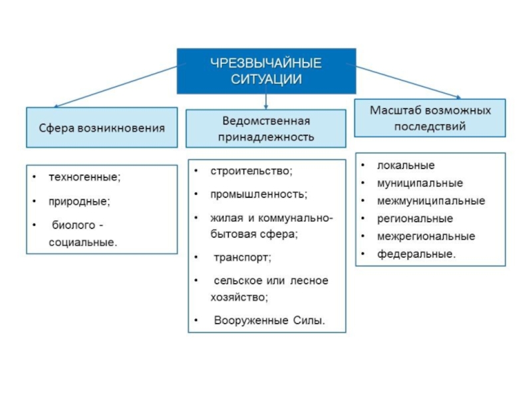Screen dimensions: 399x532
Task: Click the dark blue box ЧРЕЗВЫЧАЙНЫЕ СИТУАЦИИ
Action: coord(266,70)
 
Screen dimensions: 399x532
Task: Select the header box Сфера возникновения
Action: coord(101,127)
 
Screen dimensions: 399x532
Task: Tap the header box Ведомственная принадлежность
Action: coord(266,129)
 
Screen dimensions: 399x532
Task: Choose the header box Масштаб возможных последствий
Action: coord(430,118)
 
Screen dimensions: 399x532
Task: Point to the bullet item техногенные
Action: coord(85,177)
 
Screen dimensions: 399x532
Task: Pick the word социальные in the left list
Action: coord(82,242)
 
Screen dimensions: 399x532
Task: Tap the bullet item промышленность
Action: coord(259,194)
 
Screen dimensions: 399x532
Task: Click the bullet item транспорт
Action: coord(243,257)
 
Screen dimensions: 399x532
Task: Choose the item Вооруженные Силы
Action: coord(269,321)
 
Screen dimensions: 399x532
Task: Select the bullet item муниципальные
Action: coord(420,183)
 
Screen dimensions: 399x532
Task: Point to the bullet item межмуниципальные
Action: coord(431,200)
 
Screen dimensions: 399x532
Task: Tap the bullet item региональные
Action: coord(415,218)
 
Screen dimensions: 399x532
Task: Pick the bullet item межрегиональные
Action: coord(426,236)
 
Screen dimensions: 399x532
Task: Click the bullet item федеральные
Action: coord(417,254)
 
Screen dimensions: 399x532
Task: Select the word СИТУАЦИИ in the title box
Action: coord(266,79)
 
